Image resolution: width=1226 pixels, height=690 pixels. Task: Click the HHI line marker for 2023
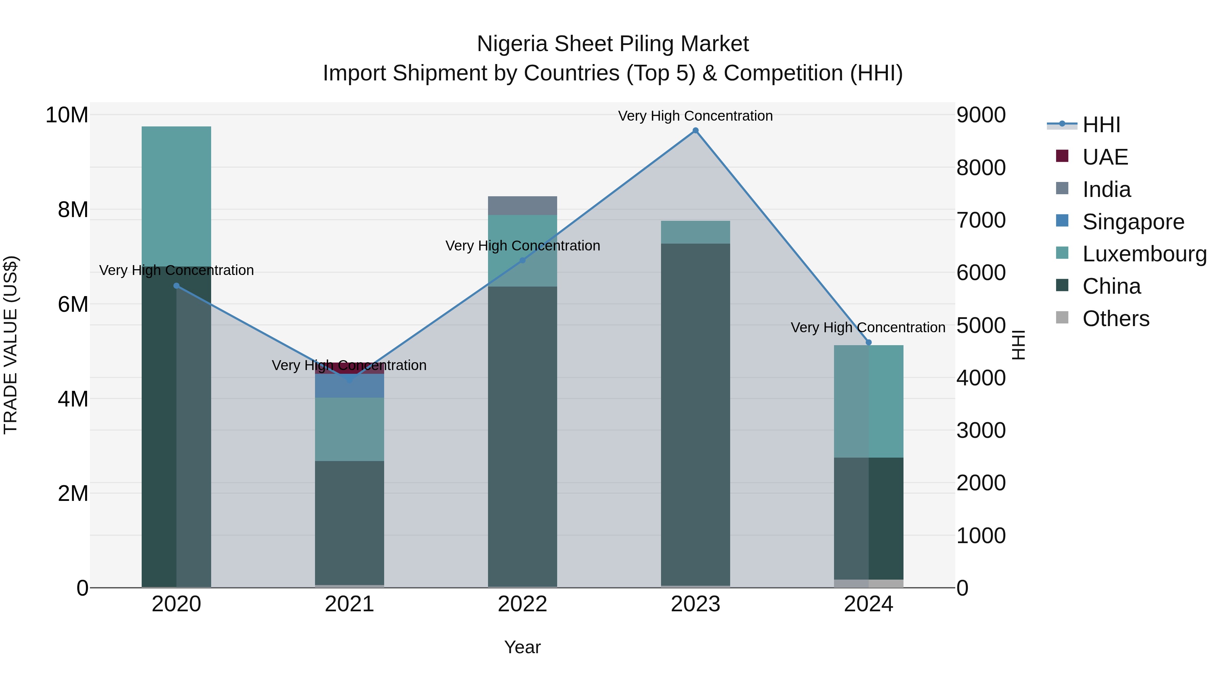(695, 131)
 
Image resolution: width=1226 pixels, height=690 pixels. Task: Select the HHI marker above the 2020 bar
(176, 286)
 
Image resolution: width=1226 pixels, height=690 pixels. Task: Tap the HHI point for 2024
(868, 342)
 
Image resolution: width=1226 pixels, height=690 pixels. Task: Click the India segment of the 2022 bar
(522, 206)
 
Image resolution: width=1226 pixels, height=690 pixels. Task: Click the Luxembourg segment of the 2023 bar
(695, 232)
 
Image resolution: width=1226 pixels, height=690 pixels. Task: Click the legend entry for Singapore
(1133, 222)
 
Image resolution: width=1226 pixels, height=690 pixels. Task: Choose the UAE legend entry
(1105, 157)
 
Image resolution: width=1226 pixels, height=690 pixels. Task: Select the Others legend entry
(1116, 319)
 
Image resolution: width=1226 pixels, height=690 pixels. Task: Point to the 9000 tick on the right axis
(980, 115)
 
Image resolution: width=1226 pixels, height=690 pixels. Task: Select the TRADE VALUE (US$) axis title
(11, 345)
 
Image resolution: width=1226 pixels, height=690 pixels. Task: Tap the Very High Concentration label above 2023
(695, 116)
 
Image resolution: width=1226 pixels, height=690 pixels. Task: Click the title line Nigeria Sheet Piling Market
(613, 44)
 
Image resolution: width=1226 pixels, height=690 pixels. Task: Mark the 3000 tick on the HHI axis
(980, 430)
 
